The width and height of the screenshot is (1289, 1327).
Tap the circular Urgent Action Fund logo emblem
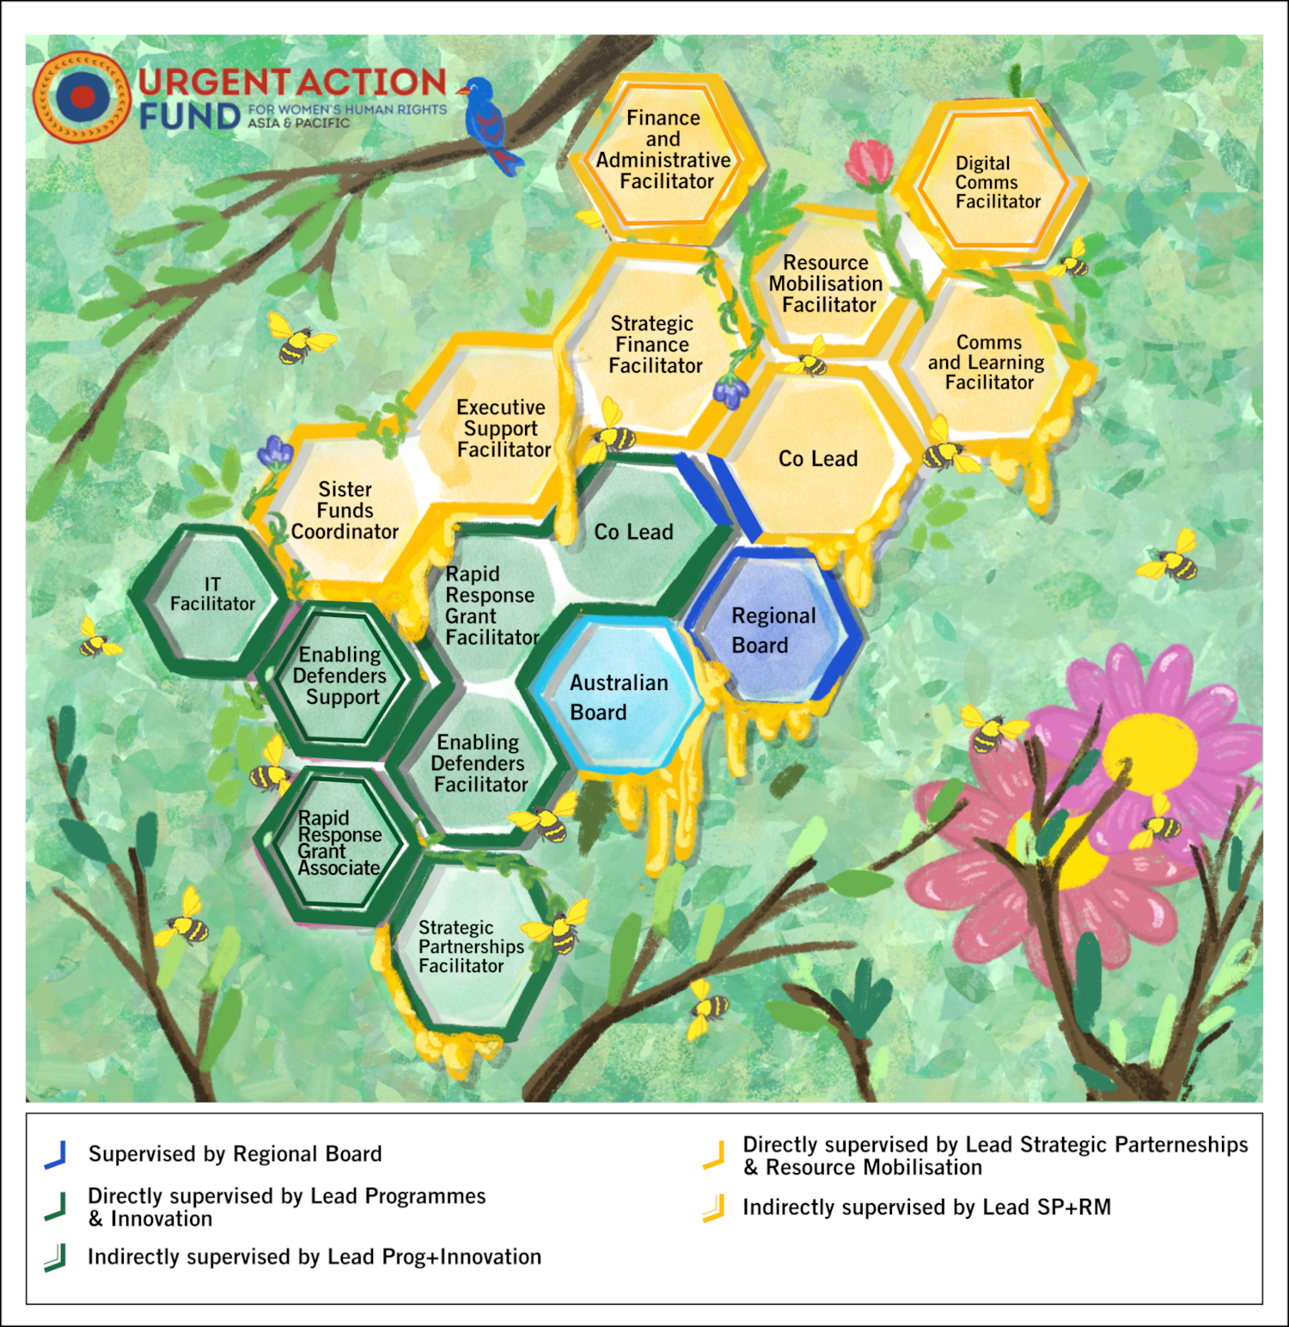(82, 96)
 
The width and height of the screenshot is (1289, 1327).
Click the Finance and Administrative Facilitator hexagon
(664, 150)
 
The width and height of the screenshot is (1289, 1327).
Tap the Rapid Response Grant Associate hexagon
(338, 843)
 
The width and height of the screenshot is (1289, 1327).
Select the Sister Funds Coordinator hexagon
(345, 511)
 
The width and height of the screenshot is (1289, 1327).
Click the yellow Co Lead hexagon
(817, 459)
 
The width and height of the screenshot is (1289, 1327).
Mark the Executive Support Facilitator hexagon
(501, 428)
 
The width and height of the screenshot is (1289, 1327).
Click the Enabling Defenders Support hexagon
(340, 676)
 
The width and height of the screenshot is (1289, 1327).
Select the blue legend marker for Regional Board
(55, 1154)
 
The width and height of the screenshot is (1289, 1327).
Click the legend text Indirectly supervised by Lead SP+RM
(926, 1208)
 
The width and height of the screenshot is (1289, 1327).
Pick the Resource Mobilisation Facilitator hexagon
(825, 284)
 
